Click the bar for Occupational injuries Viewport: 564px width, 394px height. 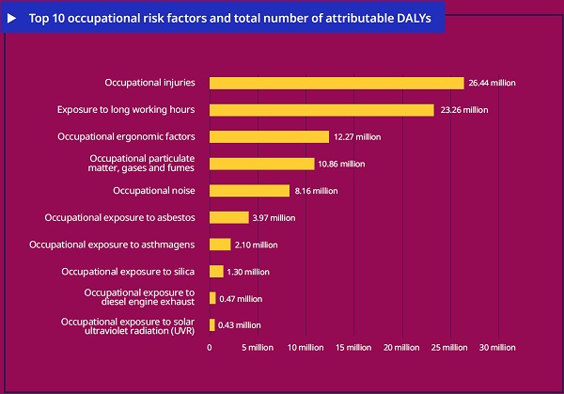pyautogui.click(x=337, y=83)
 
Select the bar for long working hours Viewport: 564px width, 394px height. pyautogui.click(x=321, y=110)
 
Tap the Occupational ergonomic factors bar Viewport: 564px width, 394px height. pyautogui.click(x=269, y=136)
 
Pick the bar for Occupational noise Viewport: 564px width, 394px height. pyautogui.click(x=249, y=191)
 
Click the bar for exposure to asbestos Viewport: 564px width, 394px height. pyautogui.click(x=228, y=217)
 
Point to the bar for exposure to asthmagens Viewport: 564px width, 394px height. pyautogui.click(x=220, y=244)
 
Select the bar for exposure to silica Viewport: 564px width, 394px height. pyautogui.click(x=216, y=272)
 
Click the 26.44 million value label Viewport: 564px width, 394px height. pyautogui.click(x=492, y=83)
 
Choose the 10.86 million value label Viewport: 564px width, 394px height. pyautogui.click(x=341, y=164)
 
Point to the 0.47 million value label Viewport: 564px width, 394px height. pyautogui.click(x=241, y=299)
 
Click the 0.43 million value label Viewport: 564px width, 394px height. pyautogui.click(x=240, y=325)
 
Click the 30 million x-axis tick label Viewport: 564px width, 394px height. pyautogui.click(x=497, y=348)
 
